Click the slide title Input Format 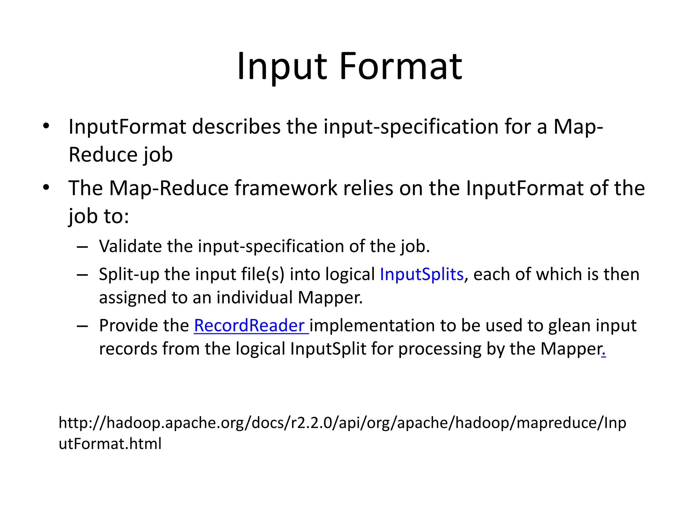pos(349,66)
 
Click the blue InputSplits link pos(422,274)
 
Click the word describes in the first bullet pos(236,127)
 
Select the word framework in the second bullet pos(286,188)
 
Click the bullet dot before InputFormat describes pos(46,126)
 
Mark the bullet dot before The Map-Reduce pos(46,188)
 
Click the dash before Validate pos(82,247)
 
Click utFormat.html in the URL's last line pos(110,444)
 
